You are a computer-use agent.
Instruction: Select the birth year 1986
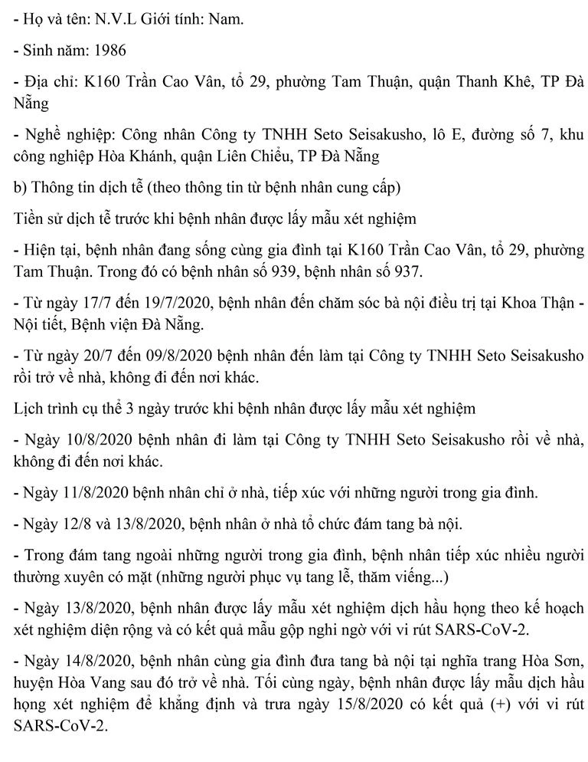pyautogui.click(x=110, y=50)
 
